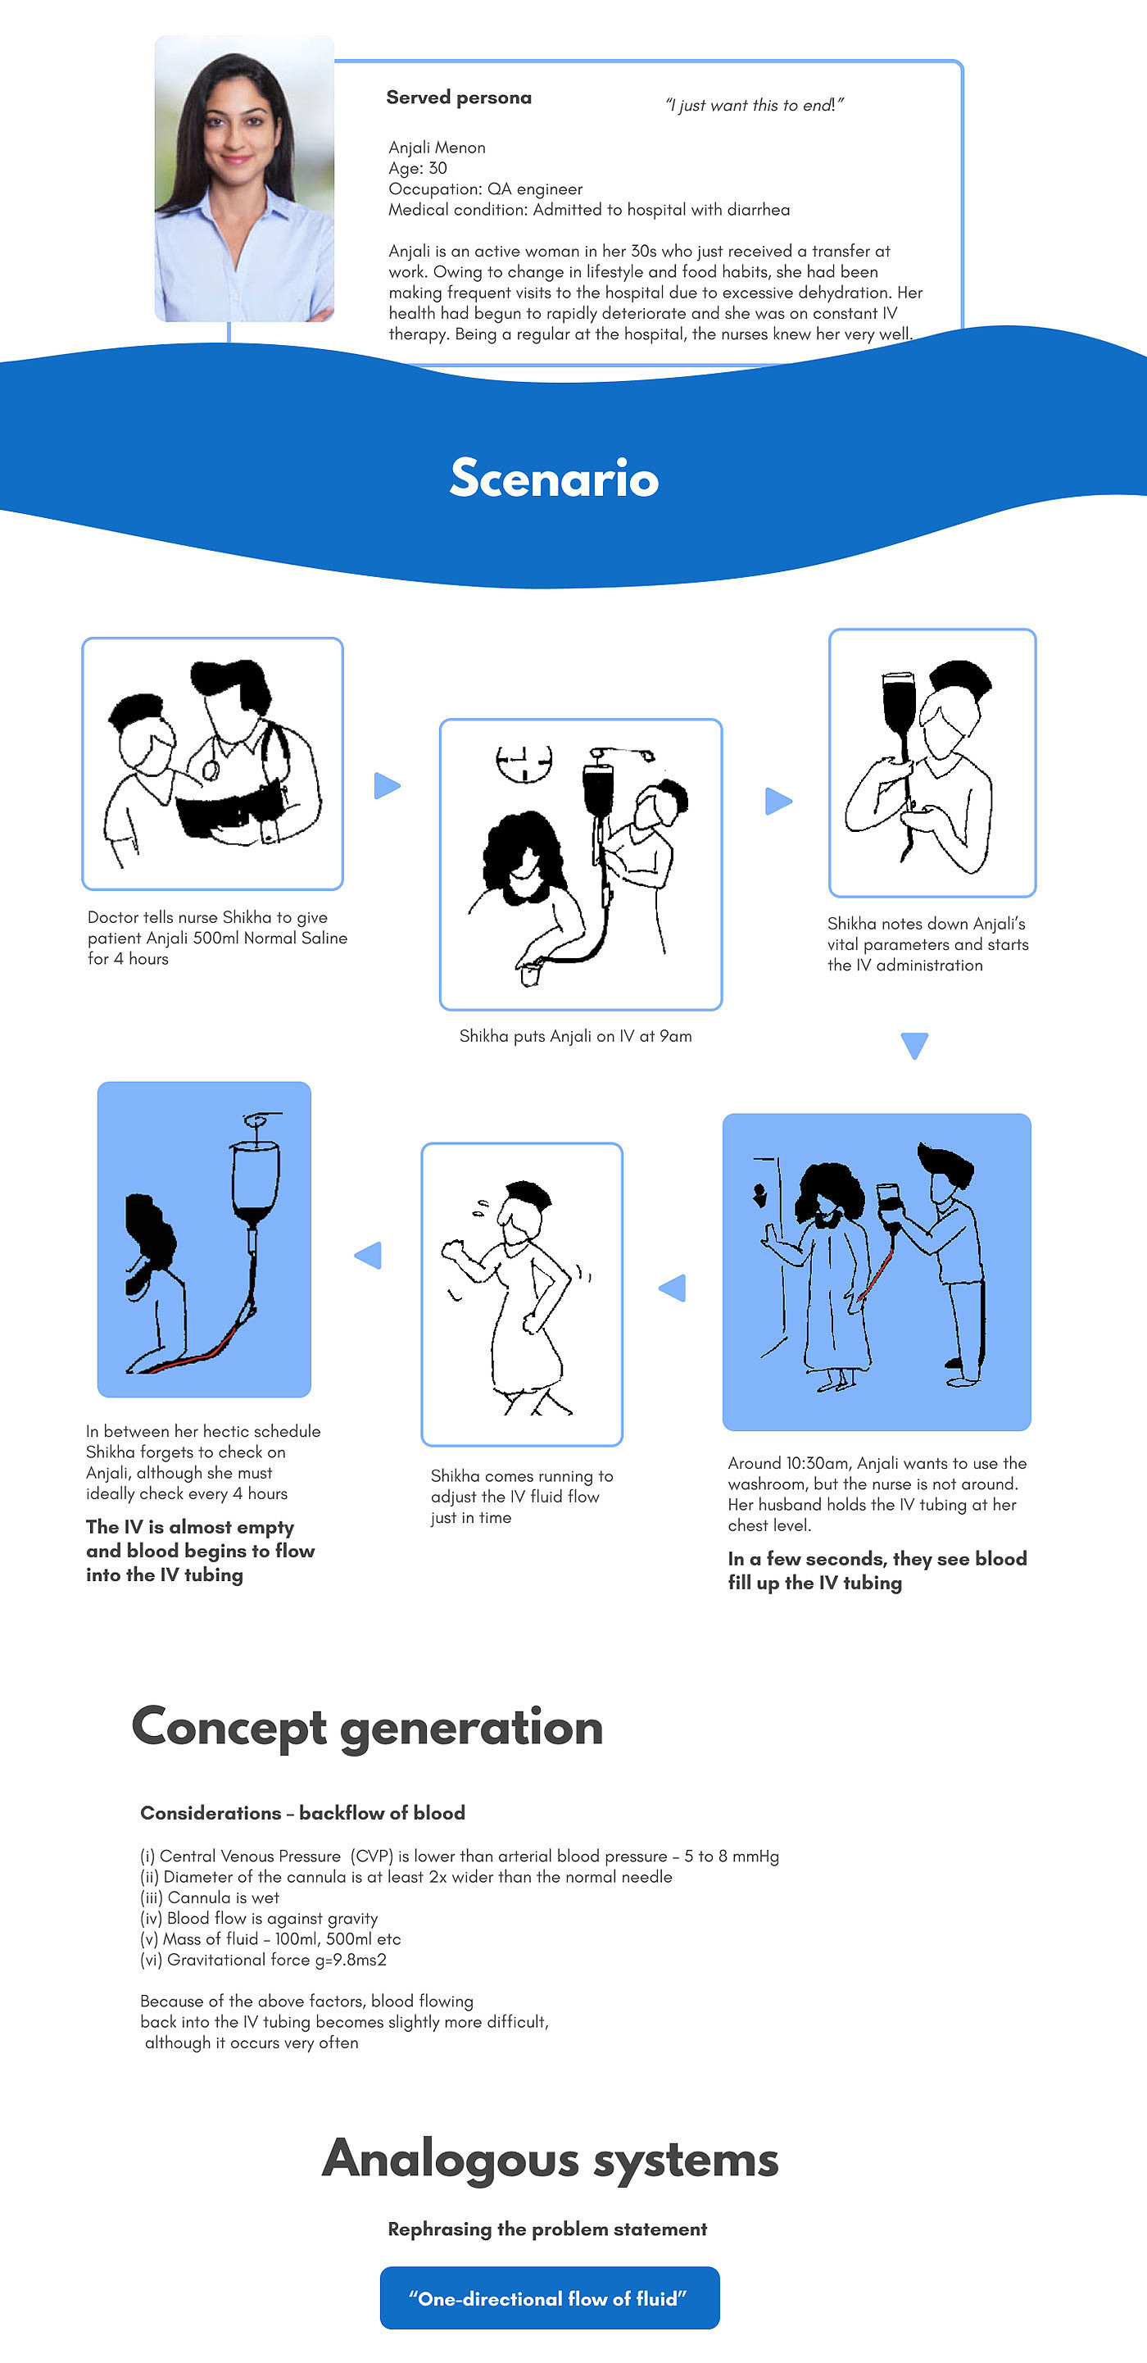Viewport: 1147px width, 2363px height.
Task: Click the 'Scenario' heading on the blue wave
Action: point(554,478)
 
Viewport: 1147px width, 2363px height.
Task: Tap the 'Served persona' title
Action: point(459,98)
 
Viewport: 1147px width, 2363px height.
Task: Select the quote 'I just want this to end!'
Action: point(754,106)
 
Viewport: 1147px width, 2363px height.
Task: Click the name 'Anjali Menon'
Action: point(437,148)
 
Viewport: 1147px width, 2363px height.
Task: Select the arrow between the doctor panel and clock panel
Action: point(387,785)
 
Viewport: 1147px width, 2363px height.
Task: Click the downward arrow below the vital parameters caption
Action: point(914,1045)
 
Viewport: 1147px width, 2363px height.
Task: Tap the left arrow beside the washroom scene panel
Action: point(673,1287)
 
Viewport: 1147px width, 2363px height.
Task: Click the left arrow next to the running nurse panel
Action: point(369,1255)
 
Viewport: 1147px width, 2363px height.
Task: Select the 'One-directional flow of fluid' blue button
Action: point(549,2298)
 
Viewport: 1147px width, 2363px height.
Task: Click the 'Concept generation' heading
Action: point(367,1727)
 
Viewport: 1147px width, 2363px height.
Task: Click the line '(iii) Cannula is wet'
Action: point(209,1897)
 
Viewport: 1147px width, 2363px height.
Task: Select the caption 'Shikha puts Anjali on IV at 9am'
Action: point(575,1036)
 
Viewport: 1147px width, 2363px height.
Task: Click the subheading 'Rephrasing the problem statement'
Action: point(547,2229)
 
